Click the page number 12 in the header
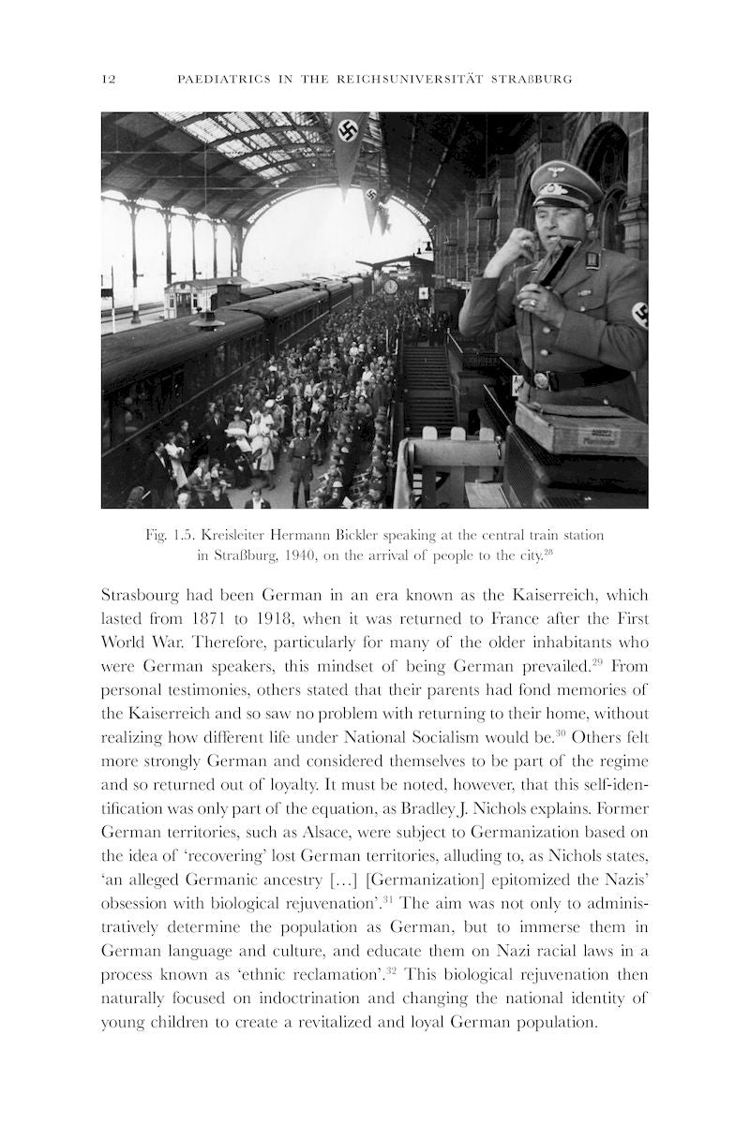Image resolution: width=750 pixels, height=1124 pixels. click(x=108, y=80)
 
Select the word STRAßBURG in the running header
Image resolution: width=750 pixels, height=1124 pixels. click(x=532, y=80)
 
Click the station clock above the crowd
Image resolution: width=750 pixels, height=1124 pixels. click(x=389, y=288)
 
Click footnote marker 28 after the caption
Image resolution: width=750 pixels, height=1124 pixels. click(x=549, y=552)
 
